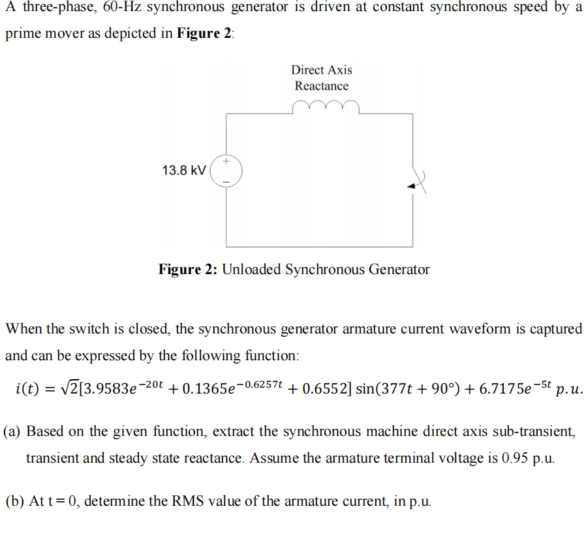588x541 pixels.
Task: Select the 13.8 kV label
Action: click(x=184, y=170)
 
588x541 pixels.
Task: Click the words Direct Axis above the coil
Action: click(x=322, y=70)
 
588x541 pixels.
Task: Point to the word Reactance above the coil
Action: click(x=322, y=86)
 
